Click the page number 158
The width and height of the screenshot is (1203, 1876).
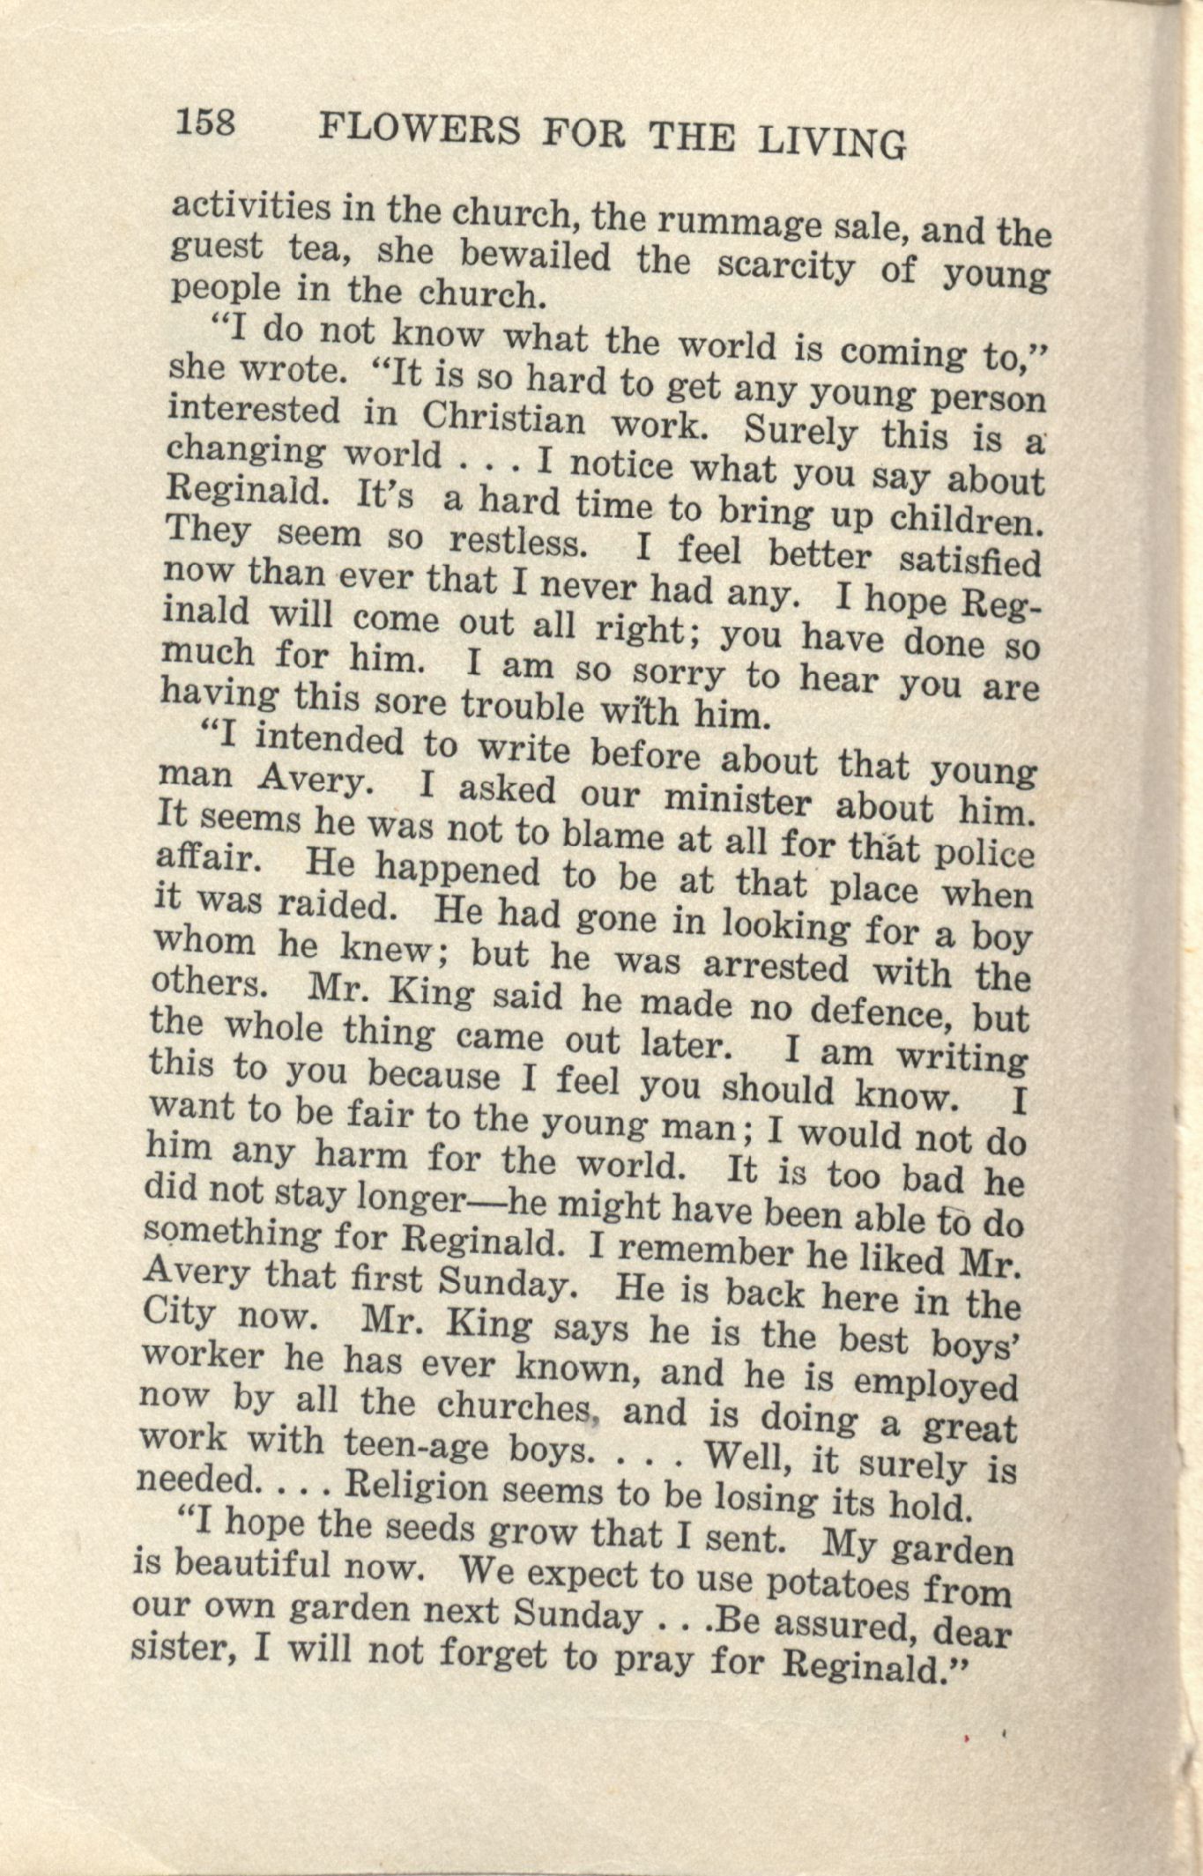point(206,122)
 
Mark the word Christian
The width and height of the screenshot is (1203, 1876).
point(503,419)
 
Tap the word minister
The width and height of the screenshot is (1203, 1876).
point(738,801)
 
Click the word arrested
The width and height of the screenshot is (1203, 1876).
point(775,967)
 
